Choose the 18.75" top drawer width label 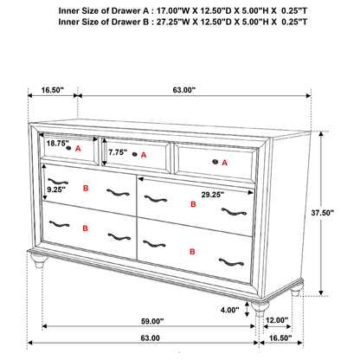[58, 144]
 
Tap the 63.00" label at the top [182, 88]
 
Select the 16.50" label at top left [53, 88]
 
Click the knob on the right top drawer [213, 161]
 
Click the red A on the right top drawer [226, 163]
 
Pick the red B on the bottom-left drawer [85, 228]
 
